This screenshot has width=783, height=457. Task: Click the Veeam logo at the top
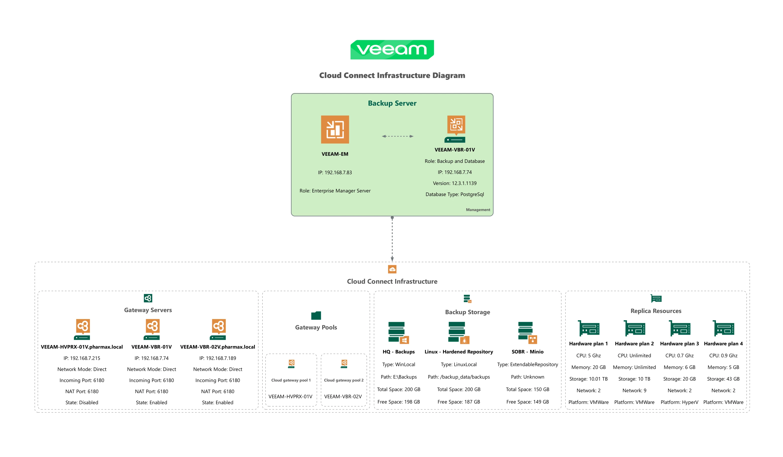(392, 50)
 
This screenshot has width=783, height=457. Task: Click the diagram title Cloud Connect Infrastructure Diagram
(392, 76)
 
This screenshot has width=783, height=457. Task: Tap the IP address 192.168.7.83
(335, 172)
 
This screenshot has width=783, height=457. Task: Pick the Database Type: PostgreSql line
(455, 195)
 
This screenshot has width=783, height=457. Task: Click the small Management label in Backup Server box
(478, 210)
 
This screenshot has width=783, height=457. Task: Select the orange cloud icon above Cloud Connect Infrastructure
(392, 269)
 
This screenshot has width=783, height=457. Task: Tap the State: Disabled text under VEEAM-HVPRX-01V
(82, 403)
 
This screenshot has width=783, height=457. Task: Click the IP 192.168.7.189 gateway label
(218, 358)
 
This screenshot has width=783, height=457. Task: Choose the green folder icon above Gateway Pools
(316, 315)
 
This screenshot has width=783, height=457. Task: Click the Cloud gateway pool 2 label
(344, 381)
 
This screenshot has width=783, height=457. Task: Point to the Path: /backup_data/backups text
(459, 377)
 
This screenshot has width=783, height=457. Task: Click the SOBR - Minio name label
(527, 352)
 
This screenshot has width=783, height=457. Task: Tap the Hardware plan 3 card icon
(679, 328)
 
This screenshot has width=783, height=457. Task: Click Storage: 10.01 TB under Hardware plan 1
(588, 379)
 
